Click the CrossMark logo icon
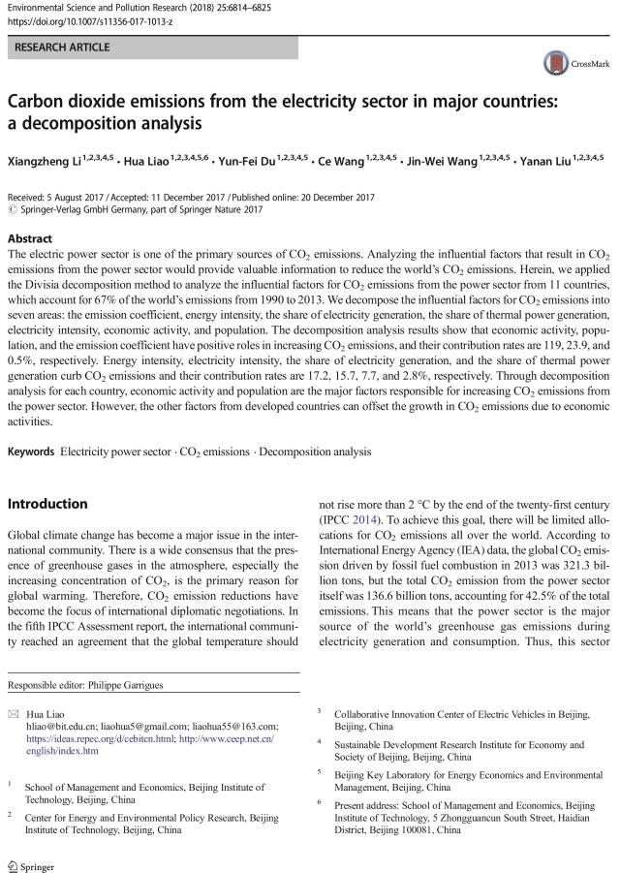point(555,63)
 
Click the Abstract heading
point(31,236)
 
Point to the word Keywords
point(31,452)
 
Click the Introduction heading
point(49,504)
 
